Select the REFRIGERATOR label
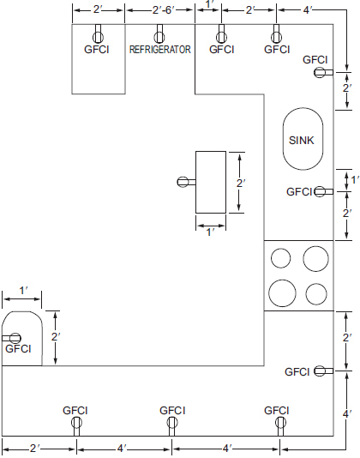159,50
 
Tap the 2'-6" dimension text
159,10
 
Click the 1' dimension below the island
210,233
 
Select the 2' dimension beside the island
241,183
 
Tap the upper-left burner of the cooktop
280,258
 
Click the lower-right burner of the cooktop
317,293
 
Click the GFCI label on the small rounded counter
18,349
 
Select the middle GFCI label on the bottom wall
172,411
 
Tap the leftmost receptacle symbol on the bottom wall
76,422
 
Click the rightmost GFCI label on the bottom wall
277,411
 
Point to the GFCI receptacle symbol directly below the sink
322,191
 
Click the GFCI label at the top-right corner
315,60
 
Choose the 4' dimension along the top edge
307,10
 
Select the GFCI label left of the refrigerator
98,50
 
